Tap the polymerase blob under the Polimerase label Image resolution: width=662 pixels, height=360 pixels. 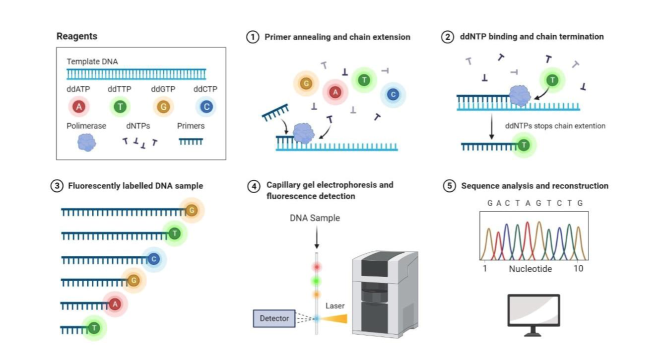(86, 142)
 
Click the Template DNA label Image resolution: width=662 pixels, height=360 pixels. (92, 62)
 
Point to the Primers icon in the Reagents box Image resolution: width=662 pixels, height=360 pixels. (190, 142)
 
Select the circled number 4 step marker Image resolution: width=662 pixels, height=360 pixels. (254, 186)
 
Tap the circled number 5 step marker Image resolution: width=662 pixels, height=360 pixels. (450, 186)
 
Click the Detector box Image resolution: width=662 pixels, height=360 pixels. (274, 318)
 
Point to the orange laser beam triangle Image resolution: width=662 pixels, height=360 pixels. (334, 318)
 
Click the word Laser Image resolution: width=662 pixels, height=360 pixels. (335, 305)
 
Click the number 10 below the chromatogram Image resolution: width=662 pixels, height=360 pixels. (578, 268)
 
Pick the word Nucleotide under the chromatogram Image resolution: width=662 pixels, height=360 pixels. (530, 268)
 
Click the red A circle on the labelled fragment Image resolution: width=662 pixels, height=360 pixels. (115, 303)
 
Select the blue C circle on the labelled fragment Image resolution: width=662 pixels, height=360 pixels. (154, 259)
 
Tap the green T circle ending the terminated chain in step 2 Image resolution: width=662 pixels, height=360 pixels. (523, 145)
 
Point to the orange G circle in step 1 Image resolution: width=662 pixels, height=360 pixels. (306, 84)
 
